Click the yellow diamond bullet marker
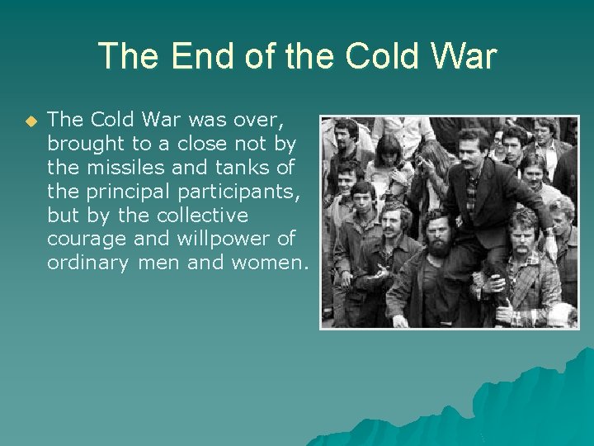[x=31, y=121]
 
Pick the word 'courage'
[x=81, y=240]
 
